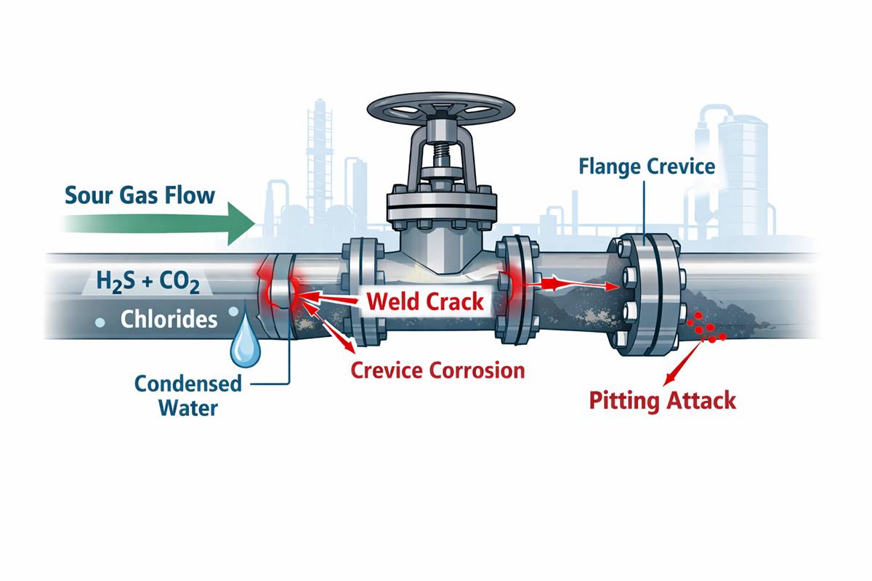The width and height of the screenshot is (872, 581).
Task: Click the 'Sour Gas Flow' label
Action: pos(140,195)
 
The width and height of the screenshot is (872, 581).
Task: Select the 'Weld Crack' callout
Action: pos(425,301)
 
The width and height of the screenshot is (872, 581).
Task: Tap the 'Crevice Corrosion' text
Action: pos(437,370)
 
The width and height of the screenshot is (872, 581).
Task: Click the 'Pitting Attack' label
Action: pos(662,399)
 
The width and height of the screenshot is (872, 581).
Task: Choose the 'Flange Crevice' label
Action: pos(647,167)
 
